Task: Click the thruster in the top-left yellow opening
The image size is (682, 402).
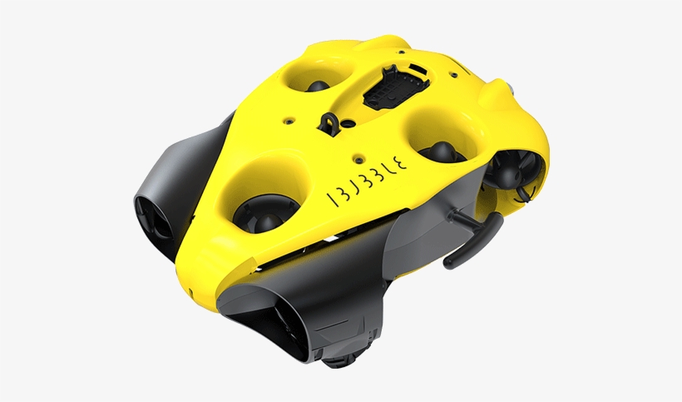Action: (x=319, y=86)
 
